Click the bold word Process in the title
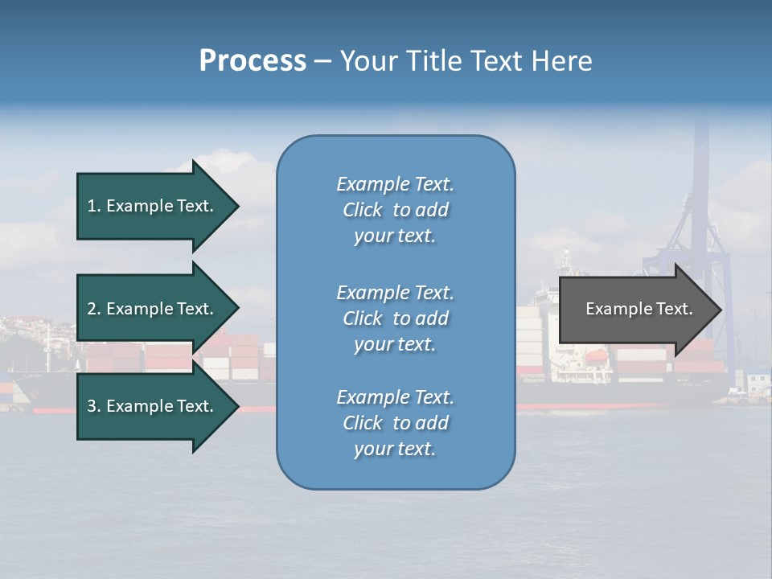[253, 61]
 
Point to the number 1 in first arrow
[92, 207]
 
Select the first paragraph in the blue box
[395, 210]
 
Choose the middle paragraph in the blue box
[395, 318]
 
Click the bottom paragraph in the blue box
[395, 423]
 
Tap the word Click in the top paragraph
[363, 211]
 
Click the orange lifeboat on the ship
[596, 355]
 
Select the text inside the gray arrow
[639, 310]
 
